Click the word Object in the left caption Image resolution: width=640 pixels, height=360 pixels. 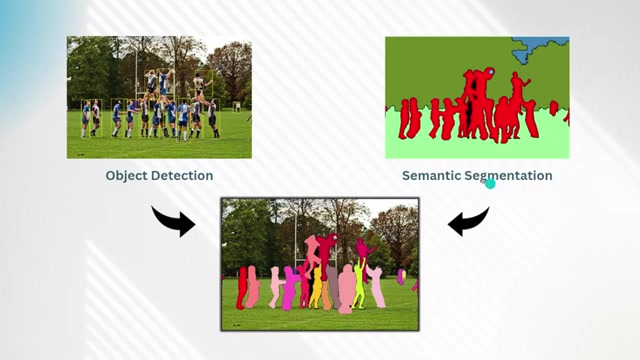(124, 176)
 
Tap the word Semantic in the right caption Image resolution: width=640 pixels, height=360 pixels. (431, 176)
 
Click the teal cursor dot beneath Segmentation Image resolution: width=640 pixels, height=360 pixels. (490, 184)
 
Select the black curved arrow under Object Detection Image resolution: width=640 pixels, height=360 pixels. (174, 221)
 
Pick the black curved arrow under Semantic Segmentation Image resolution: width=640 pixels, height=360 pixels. (468, 221)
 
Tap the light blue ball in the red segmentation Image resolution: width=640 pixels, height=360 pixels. (491, 72)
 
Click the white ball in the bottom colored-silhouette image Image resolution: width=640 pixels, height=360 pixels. (335, 237)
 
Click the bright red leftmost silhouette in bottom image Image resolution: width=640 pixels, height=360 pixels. (242, 288)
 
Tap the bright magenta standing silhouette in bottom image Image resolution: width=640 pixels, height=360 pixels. (290, 289)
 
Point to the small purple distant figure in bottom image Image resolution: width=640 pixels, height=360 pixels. (401, 276)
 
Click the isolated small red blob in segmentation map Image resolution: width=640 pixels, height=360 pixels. (553, 108)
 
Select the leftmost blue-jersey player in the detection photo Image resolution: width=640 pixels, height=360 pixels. (85, 119)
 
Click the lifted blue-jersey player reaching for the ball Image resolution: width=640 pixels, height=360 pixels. (164, 83)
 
